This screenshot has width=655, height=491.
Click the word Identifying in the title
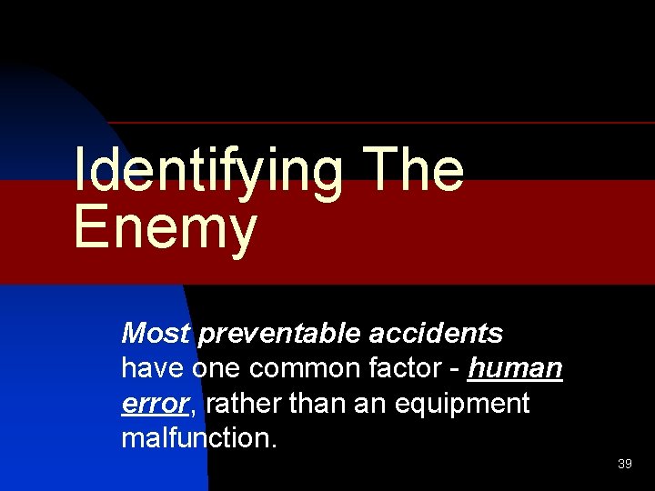(207, 170)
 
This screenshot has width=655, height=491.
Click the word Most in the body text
(156, 334)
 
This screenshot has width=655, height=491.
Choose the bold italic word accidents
(436, 334)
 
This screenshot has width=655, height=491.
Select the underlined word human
(516, 368)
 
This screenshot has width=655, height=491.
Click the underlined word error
(155, 403)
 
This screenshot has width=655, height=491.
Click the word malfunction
(196, 437)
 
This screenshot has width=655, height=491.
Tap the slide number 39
(625, 465)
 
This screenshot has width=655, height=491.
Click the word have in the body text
(152, 368)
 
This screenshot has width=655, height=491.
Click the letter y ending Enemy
(242, 232)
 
